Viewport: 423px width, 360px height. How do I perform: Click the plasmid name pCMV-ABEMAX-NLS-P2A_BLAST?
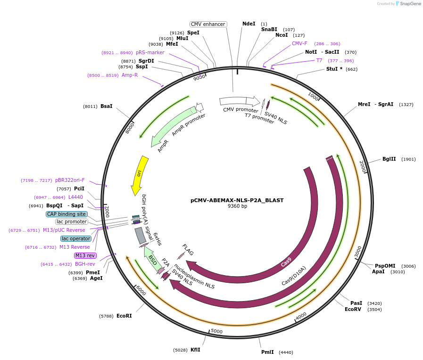[x=237, y=200]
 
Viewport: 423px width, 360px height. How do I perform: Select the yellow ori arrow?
[x=139, y=174]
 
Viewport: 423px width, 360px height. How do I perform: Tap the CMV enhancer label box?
[x=208, y=24]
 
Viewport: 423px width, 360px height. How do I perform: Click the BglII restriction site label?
[x=390, y=159]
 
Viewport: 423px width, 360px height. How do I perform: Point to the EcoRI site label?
[x=124, y=316]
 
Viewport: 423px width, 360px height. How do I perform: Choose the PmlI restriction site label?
[x=267, y=352]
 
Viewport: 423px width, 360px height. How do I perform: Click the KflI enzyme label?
[x=195, y=350]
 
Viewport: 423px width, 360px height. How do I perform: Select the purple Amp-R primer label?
[x=130, y=75]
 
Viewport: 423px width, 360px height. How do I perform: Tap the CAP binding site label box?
[x=66, y=214]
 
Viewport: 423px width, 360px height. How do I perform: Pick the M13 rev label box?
[x=85, y=255]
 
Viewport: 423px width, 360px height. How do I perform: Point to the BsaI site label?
[x=106, y=106]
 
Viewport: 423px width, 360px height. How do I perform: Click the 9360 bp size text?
[x=237, y=206]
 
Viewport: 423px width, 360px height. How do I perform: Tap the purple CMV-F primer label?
[x=299, y=43]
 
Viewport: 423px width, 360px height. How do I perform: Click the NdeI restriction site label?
[x=249, y=24]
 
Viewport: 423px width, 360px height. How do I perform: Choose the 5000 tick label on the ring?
[x=216, y=331]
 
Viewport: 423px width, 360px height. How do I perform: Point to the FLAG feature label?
[x=188, y=250]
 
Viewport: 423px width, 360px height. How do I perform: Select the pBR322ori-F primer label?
[x=70, y=180]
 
